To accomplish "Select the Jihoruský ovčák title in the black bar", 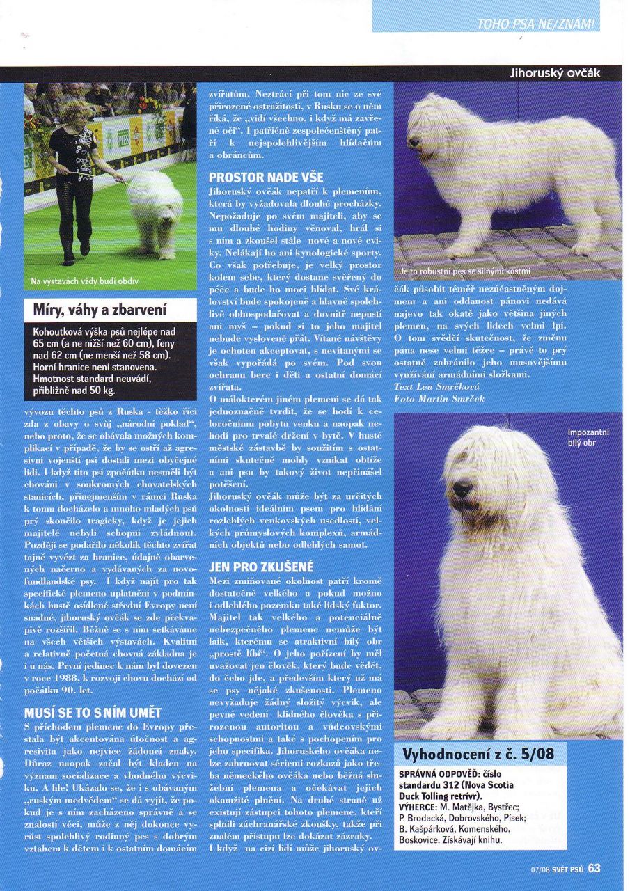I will pyautogui.click(x=554, y=73).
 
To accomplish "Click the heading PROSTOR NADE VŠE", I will pyautogui.click(x=266, y=178).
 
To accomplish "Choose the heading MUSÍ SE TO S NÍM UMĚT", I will pyautogui.click(x=93, y=713).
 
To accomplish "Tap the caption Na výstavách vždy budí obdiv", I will pyautogui.click(x=85, y=281).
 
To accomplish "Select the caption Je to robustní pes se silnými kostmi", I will pyautogui.click(x=465, y=271).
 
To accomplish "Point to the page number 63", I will pyautogui.click(x=594, y=868).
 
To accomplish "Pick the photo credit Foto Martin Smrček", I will pyautogui.click(x=439, y=398).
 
